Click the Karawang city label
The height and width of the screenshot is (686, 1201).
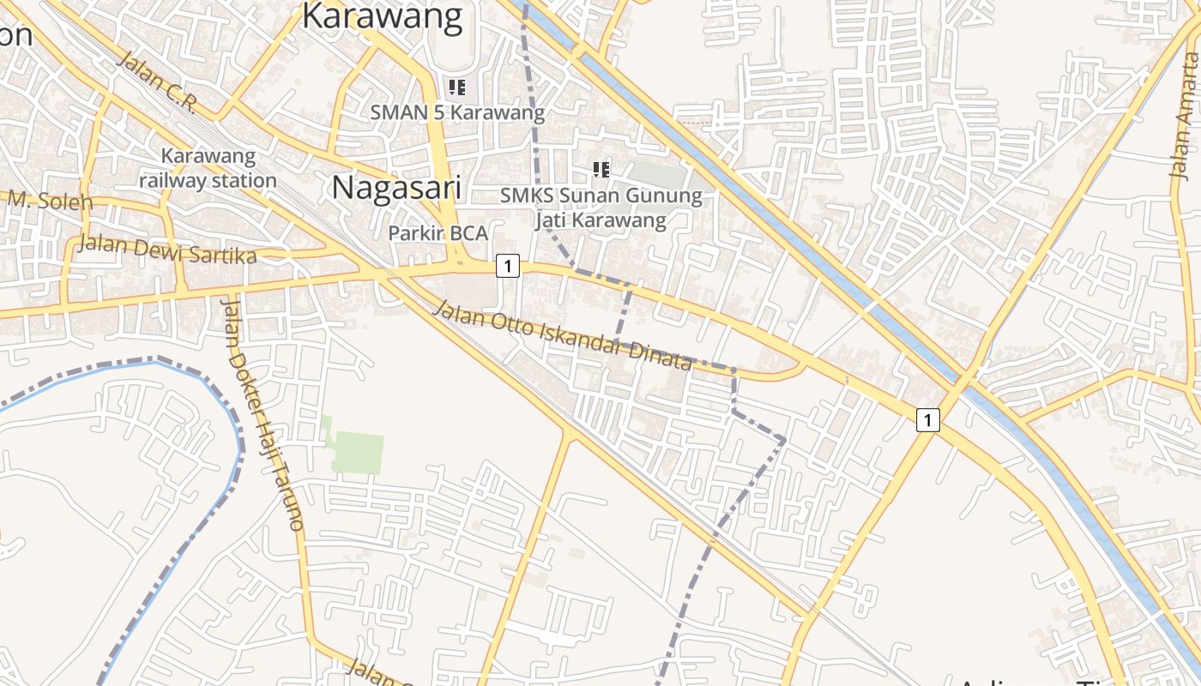(383, 15)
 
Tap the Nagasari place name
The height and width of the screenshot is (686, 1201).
(396, 188)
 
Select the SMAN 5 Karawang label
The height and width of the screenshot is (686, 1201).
(457, 112)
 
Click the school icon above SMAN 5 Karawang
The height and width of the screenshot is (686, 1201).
(457, 87)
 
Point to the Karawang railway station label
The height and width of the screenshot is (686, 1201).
(208, 168)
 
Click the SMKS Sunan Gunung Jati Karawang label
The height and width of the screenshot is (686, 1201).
(600, 208)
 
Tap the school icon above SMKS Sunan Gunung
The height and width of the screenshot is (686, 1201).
(601, 169)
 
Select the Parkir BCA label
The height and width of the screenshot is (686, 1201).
(438, 232)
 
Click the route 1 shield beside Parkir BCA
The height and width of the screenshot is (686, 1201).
(508, 267)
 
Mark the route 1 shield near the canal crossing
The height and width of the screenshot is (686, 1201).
(927, 420)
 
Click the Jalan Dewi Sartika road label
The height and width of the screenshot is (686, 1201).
(166, 248)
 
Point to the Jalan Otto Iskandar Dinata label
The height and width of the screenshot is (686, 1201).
(563, 334)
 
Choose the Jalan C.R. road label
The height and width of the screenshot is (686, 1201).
(157, 81)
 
